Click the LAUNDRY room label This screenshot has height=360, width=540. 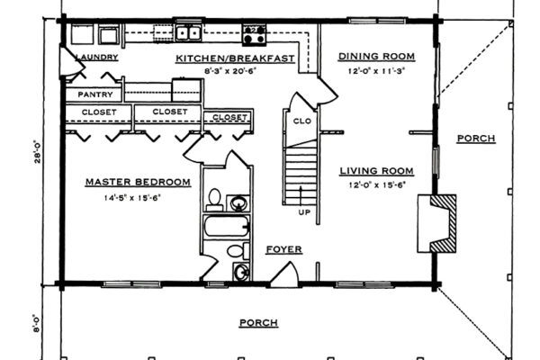pyautogui.click(x=93, y=58)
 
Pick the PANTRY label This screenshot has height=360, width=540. pyautogui.click(x=94, y=94)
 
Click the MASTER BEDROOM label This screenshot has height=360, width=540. pyautogui.click(x=138, y=182)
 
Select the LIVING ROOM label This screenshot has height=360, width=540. pyautogui.click(x=376, y=170)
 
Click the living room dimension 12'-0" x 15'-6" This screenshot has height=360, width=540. pyautogui.click(x=376, y=184)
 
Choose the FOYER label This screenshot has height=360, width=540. pyautogui.click(x=283, y=249)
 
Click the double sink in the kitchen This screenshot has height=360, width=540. pyautogui.click(x=189, y=35)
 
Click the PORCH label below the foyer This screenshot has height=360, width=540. pyautogui.click(x=257, y=322)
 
